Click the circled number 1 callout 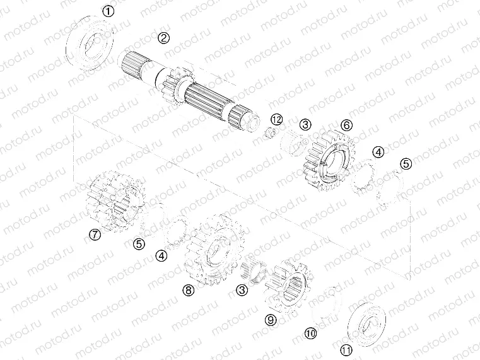[x=109, y=11]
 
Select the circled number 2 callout [x=163, y=38]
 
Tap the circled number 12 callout [x=276, y=119]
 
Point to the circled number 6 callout [x=346, y=125]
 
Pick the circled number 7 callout [x=94, y=235]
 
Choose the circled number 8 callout [x=187, y=290]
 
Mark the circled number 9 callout [x=271, y=320]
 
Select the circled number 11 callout [x=346, y=350]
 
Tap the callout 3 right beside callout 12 [x=305, y=125]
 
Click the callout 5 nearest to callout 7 [x=139, y=243]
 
